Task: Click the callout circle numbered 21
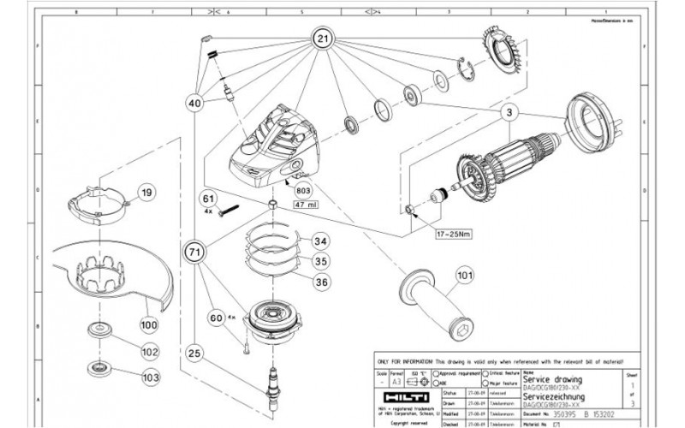coord(322,39)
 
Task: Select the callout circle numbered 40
coord(196,104)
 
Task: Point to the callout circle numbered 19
coord(146,193)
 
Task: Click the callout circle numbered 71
coord(194,251)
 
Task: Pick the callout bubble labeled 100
coord(149,325)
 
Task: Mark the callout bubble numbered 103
coord(151,375)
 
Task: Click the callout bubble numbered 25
coord(194,353)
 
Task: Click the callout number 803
coord(302,190)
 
